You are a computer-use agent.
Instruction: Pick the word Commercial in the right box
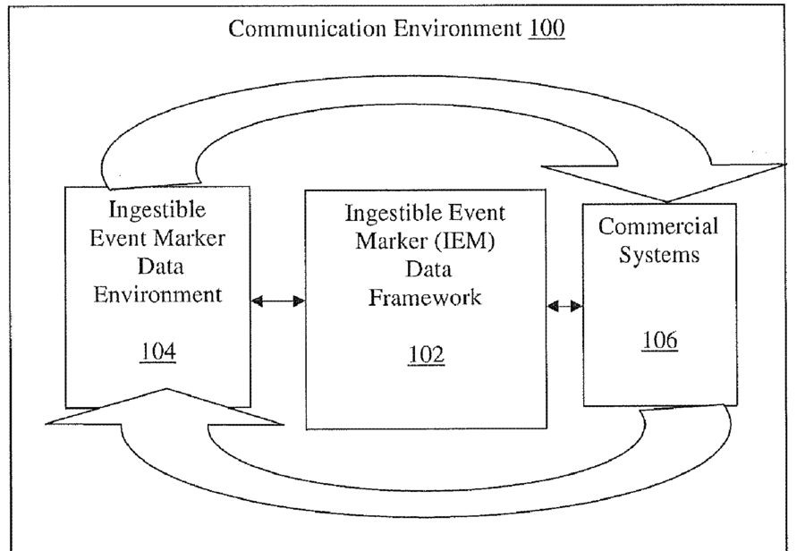659,226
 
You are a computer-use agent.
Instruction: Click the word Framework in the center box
425,298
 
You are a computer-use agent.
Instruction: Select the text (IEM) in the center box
465,242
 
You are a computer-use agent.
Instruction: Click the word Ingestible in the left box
158,211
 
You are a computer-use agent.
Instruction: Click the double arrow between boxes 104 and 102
278,301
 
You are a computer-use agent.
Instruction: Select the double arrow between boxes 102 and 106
564,306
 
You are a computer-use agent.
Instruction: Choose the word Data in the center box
426,270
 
